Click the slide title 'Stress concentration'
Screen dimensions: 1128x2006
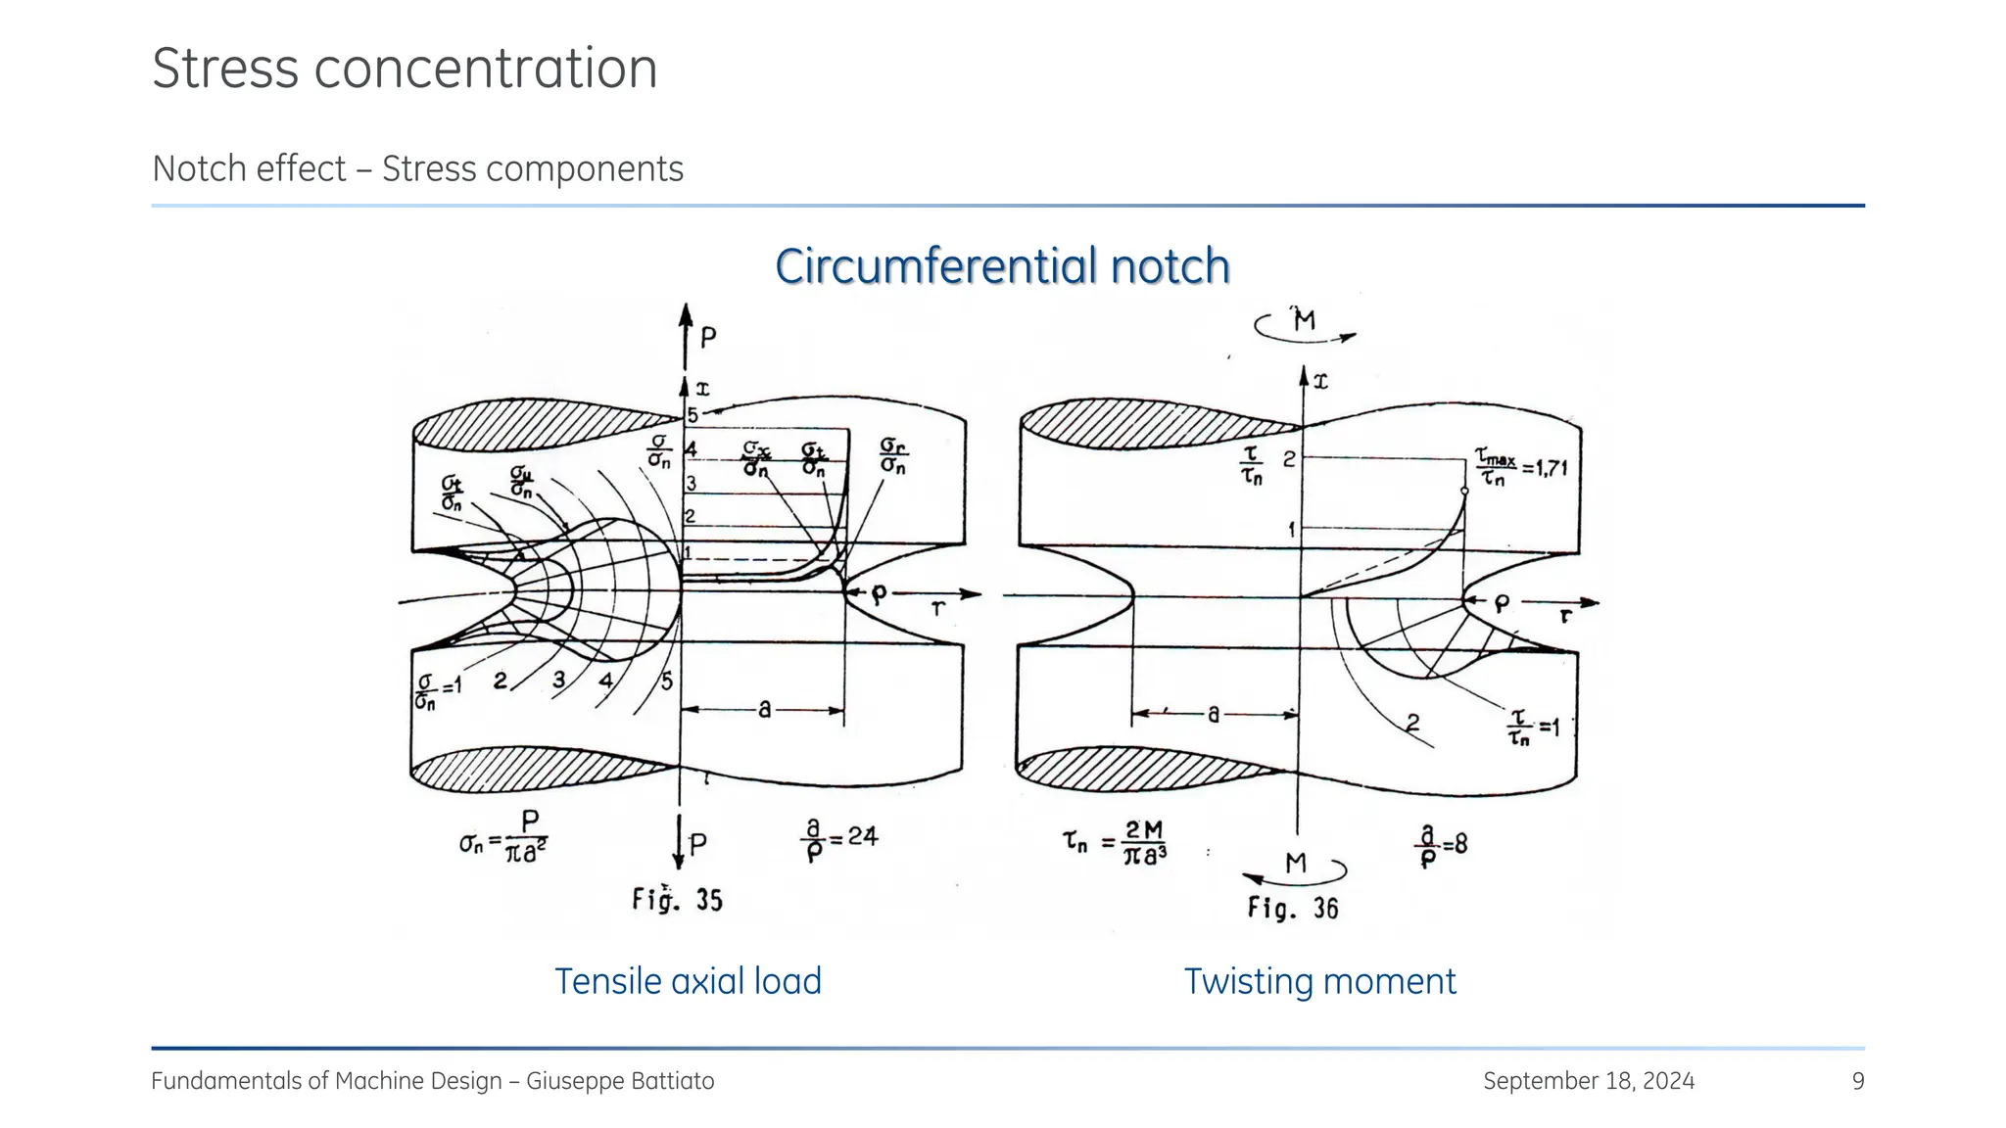(405, 69)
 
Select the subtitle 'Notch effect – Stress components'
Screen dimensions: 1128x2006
(417, 168)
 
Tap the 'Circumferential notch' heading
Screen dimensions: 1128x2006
(1002, 266)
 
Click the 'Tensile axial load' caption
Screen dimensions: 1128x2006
(688, 981)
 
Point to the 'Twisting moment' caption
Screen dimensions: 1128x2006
(1319, 981)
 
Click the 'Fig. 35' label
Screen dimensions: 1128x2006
(677, 899)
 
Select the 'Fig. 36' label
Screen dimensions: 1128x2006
(1292, 908)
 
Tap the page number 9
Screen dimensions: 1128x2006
(1857, 1081)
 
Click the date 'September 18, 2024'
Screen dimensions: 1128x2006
(1588, 1081)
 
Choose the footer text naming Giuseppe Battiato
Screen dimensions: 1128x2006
(432, 1081)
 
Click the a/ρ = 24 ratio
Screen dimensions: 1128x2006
(839, 840)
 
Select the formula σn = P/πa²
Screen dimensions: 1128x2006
(503, 837)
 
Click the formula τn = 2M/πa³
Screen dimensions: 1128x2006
(1116, 843)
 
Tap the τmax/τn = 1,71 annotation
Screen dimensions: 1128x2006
(1520, 469)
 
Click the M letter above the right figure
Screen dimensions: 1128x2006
(1305, 320)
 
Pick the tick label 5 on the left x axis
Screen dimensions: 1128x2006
(693, 415)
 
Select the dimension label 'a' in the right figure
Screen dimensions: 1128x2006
(1214, 715)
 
